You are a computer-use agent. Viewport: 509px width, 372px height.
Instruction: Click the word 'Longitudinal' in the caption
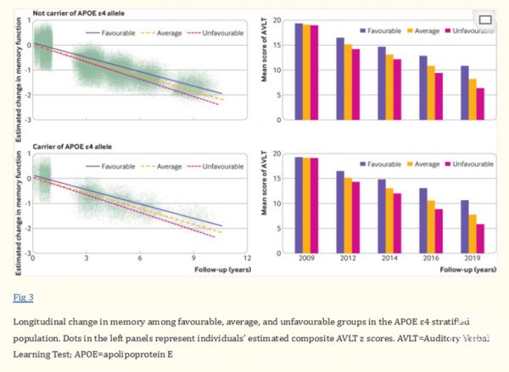pos(42,322)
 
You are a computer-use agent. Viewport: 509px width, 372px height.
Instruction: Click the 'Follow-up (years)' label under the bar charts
pos(468,269)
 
